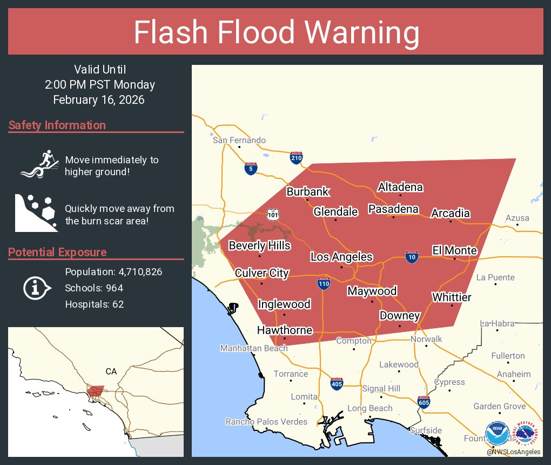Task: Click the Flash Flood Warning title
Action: click(276, 33)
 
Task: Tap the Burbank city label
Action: click(307, 192)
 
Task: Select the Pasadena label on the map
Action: click(393, 209)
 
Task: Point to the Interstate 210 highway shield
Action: click(295, 157)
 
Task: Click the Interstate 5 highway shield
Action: click(250, 169)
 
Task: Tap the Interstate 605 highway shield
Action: click(424, 403)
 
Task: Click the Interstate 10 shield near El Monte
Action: click(412, 257)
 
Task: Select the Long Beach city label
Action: click(369, 408)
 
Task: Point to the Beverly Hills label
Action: click(259, 246)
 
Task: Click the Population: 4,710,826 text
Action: click(113, 271)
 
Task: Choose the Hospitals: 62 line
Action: click(95, 304)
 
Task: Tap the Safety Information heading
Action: click(57, 125)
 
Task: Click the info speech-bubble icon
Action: click(37, 288)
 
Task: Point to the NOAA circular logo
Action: click(497, 434)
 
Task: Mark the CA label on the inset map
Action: click(111, 371)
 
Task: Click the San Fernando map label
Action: click(239, 141)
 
